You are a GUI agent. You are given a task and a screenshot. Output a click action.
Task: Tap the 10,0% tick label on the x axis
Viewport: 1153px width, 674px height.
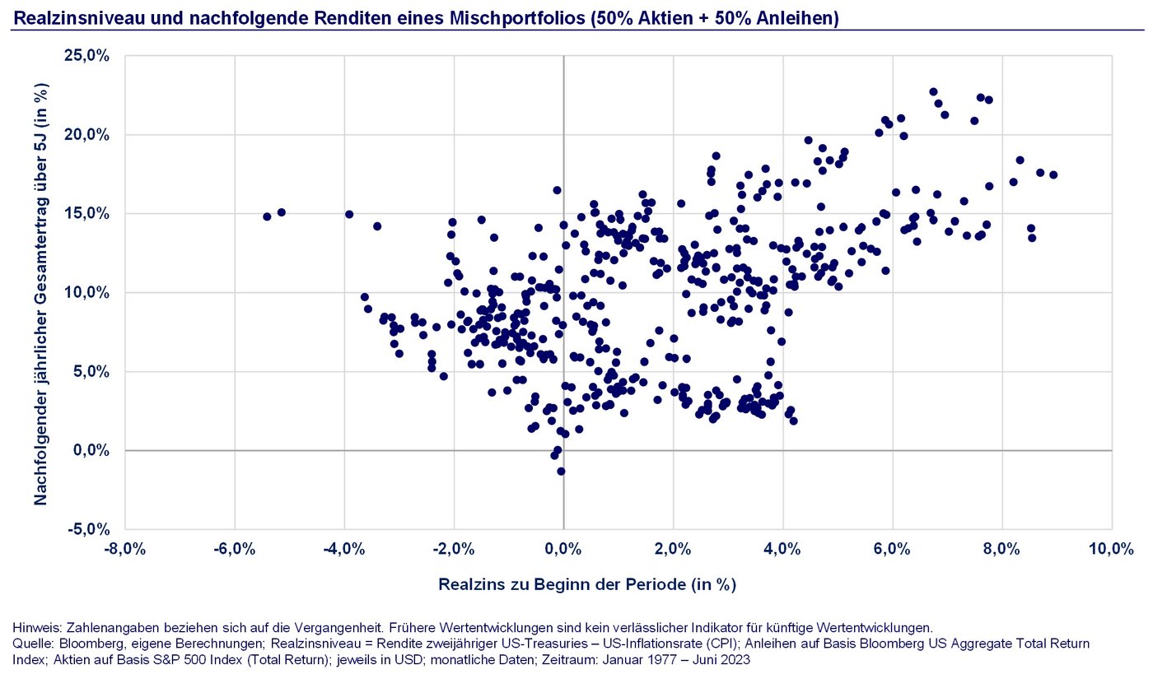tap(1111, 550)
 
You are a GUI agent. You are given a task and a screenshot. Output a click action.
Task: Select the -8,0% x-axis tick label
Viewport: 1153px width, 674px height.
tap(125, 550)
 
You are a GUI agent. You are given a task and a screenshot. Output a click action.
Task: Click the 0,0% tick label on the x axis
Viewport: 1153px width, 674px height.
tap(563, 550)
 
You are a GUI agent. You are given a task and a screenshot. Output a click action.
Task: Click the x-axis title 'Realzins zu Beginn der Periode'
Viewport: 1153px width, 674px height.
tap(586, 585)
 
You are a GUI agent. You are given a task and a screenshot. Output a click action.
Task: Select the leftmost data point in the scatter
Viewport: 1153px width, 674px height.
tap(267, 216)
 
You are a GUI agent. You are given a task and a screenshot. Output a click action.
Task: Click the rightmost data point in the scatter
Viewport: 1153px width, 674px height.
tap(1053, 174)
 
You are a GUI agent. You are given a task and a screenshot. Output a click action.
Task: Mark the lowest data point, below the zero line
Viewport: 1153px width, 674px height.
tap(561, 472)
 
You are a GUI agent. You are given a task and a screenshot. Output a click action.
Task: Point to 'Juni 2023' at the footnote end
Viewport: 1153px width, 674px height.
tap(726, 659)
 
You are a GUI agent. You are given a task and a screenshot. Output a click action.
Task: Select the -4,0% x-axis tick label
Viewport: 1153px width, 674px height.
tap(344, 550)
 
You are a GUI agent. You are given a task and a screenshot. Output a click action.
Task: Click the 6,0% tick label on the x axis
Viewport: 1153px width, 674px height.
tap(892, 550)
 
